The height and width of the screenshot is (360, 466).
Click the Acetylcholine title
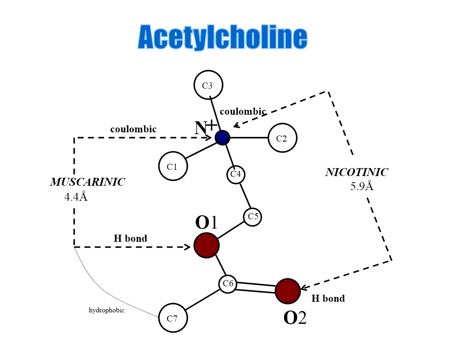pos(222,37)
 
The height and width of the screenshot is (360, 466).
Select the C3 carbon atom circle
pos(208,85)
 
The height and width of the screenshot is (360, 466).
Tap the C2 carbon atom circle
pos(282,138)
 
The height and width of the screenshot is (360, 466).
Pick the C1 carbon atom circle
pos(173,166)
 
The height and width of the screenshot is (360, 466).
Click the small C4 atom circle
pos(236,174)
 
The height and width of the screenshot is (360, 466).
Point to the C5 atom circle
pos(252,217)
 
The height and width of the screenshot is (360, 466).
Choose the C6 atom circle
pos(228,284)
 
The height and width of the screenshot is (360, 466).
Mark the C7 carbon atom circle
pos(173,318)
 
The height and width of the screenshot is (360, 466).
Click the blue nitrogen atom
pos(222,138)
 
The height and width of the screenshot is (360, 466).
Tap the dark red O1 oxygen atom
pos(207,245)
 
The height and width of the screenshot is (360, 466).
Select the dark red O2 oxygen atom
pos(288,291)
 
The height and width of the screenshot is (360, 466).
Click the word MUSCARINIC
pos(87,182)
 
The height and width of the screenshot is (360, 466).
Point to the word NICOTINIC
pos(357,172)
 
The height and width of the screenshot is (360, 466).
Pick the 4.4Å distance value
pos(76,197)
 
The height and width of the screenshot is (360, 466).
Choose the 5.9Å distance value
pos(362,186)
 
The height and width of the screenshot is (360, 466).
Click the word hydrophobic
pos(107,311)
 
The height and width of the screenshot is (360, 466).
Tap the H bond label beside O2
pos(328,299)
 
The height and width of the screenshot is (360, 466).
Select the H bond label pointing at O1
pos(131,239)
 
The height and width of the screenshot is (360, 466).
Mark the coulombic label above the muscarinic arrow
pos(133,129)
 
